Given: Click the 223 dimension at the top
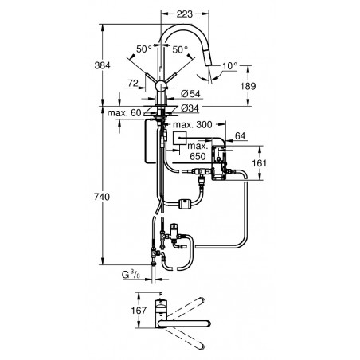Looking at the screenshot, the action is (185, 14).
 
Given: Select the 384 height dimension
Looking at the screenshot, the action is (102, 65).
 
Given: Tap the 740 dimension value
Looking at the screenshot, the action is (102, 197).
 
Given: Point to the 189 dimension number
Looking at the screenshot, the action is (248, 86).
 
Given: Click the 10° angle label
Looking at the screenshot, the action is (230, 65).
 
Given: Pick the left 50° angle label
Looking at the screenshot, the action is (144, 49).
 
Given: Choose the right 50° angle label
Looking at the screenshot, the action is (180, 49).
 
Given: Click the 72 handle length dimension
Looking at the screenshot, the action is (133, 83).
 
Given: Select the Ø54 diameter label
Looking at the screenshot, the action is (190, 93).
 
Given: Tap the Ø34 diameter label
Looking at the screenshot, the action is (190, 108).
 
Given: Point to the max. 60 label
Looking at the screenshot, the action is (124, 113).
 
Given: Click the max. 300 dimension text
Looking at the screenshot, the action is (193, 124).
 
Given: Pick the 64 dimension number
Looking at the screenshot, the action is (241, 136).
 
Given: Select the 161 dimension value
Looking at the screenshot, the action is (259, 162).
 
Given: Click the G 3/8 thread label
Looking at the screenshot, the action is (131, 275).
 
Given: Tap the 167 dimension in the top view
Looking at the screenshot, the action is (139, 310).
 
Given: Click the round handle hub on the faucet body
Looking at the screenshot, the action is (161, 86).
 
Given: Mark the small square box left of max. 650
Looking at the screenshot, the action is (180, 138).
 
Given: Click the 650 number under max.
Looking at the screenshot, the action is (198, 156).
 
